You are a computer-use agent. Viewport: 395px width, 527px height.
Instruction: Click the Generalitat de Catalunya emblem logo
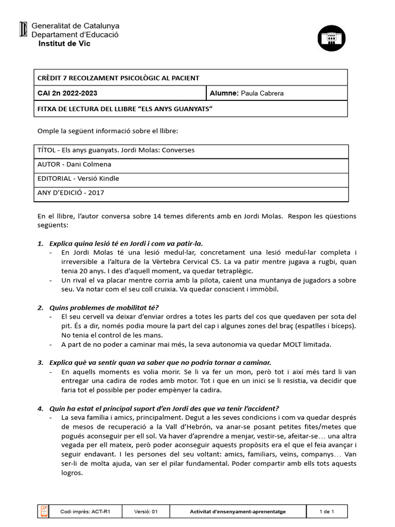point(23,29)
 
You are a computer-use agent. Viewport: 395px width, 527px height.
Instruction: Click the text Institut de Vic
point(64,44)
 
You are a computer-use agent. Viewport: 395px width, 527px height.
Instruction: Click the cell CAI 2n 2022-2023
point(67,93)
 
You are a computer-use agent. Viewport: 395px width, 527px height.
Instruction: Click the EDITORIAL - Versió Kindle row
point(78,179)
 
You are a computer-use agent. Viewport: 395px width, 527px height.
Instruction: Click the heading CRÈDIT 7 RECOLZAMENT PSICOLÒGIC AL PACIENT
point(118,78)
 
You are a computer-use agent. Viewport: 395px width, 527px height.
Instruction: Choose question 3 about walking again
point(159,362)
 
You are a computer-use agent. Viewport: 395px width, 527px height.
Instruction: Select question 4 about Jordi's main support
point(164,408)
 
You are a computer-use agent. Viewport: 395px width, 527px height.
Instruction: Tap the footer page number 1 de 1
point(327,512)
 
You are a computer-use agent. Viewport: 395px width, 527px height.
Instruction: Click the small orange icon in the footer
point(44,511)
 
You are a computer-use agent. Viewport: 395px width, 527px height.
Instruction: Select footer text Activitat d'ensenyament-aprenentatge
point(238,512)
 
